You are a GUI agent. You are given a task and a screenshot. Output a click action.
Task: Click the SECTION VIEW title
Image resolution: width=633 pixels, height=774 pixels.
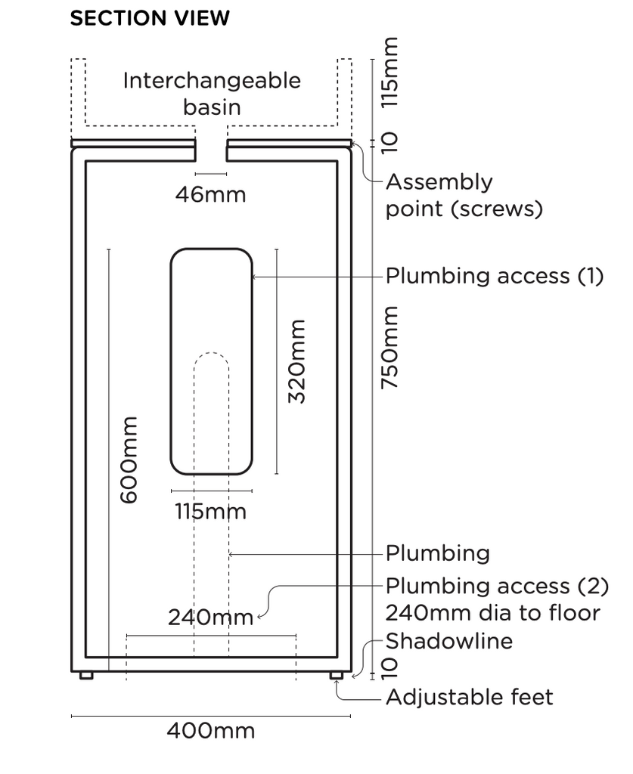pyautogui.click(x=149, y=18)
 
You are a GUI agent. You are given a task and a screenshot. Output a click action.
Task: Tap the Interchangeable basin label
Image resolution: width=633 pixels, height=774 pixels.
pyautogui.click(x=212, y=93)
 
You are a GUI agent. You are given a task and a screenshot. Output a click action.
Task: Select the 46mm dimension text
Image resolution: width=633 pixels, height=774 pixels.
pyautogui.click(x=211, y=195)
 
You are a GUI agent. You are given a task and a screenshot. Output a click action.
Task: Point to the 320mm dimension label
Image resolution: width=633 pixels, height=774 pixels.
pyautogui.click(x=297, y=361)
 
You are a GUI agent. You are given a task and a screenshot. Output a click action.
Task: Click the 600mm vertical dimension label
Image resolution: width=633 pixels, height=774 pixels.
pyautogui.click(x=129, y=459)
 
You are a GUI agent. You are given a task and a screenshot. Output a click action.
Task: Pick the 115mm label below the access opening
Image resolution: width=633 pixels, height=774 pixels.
pyautogui.click(x=211, y=512)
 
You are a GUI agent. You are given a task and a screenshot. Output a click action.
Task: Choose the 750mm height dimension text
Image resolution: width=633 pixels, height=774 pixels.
pyautogui.click(x=389, y=348)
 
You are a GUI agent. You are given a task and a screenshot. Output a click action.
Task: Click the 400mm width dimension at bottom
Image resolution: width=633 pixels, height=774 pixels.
pyautogui.click(x=211, y=731)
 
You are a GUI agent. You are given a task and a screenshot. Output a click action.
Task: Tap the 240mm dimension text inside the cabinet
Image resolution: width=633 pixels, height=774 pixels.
pyautogui.click(x=210, y=618)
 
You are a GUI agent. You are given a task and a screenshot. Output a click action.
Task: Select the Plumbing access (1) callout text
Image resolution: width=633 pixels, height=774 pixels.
pyautogui.click(x=495, y=276)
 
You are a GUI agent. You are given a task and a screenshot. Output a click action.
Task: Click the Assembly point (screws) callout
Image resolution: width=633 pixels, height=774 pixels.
pyautogui.click(x=464, y=195)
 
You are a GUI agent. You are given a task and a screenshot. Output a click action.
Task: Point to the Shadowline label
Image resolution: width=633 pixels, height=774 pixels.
pyautogui.click(x=449, y=641)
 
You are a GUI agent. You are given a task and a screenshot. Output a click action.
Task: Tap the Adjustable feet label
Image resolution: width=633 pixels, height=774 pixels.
pyautogui.click(x=470, y=696)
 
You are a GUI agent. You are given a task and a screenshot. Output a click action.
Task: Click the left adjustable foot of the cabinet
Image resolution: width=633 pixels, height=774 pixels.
pyautogui.click(x=86, y=675)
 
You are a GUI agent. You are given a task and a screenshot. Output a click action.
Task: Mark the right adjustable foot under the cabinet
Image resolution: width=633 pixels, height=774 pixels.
pyautogui.click(x=336, y=675)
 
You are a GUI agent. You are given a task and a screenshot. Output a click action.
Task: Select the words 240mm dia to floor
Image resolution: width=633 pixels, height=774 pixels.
pyautogui.click(x=492, y=613)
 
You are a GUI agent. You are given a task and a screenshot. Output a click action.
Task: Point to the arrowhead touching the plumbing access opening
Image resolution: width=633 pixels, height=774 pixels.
pyautogui.click(x=255, y=277)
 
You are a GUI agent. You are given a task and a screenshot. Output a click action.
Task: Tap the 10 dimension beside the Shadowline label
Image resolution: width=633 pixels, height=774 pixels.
pyautogui.click(x=389, y=665)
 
